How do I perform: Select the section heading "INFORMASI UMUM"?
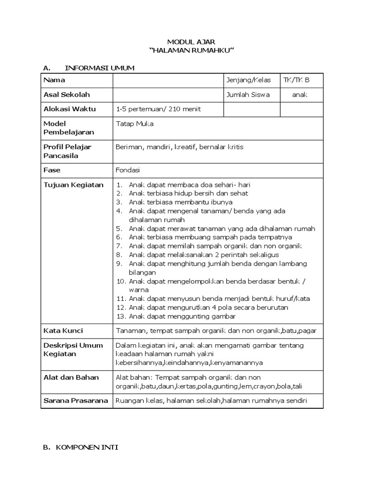click(x=100, y=68)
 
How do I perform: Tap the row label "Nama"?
click(x=54, y=80)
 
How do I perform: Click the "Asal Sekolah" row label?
click(x=66, y=94)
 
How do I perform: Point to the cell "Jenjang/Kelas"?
click(x=249, y=80)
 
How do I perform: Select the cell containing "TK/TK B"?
click(x=297, y=80)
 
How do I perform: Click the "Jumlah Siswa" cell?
click(x=248, y=94)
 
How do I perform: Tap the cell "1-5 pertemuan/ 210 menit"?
click(x=159, y=109)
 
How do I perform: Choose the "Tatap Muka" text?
click(x=132, y=123)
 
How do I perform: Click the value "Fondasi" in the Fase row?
click(x=128, y=170)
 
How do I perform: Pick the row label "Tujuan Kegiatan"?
click(x=74, y=185)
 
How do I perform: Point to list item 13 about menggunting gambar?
click(x=182, y=316)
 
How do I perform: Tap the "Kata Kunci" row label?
click(x=63, y=330)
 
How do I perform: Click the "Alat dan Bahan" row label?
click(x=71, y=377)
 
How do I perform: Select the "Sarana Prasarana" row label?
click(x=76, y=401)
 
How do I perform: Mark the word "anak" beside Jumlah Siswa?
click(x=299, y=94)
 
